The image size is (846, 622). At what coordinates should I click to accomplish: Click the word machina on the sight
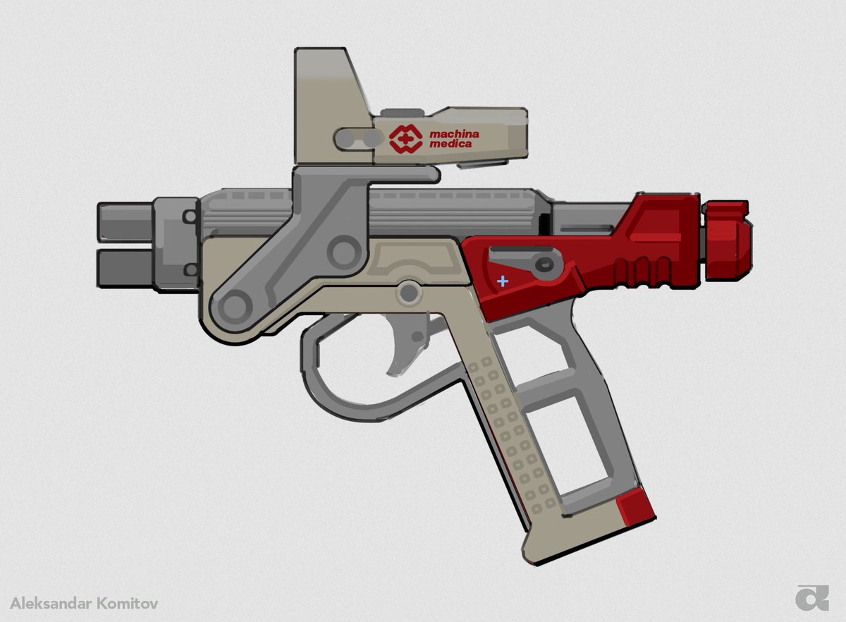454,134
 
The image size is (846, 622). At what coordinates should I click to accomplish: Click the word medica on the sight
451,144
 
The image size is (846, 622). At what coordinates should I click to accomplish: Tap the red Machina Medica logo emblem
405,139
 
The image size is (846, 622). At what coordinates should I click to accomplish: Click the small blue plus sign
502,281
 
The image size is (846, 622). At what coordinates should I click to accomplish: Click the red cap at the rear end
728,240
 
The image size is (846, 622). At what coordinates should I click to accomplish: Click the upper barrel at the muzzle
125,222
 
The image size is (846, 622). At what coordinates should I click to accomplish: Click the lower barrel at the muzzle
125,269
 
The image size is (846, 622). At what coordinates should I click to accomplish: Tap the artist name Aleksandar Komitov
84,604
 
